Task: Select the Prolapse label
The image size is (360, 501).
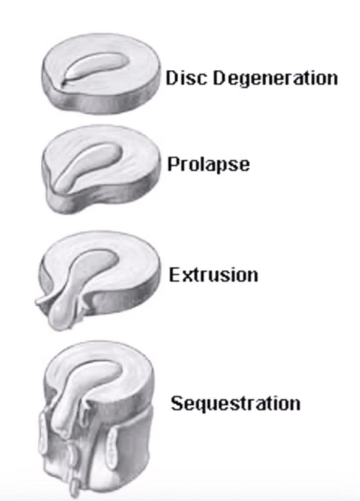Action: click(x=208, y=164)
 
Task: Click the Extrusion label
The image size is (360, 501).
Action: click(x=213, y=274)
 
